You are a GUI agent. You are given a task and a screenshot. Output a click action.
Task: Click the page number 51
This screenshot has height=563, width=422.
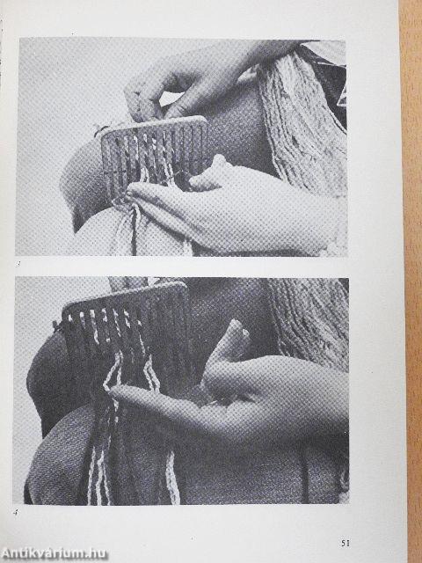coord(346,543)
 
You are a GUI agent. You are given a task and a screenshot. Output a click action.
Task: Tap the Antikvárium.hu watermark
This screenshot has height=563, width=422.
coord(55,553)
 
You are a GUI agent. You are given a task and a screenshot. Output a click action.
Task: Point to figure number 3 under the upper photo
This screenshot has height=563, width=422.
coord(18,264)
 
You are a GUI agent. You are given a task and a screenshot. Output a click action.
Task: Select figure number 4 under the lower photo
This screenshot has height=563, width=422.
coord(16,512)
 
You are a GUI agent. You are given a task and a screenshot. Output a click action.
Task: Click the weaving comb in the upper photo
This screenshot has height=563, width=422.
coord(155,152)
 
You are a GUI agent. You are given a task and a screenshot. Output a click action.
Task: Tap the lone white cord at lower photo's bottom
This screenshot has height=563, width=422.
coord(172,478)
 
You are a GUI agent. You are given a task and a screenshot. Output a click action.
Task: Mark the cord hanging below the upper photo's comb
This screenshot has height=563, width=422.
coord(135,230)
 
